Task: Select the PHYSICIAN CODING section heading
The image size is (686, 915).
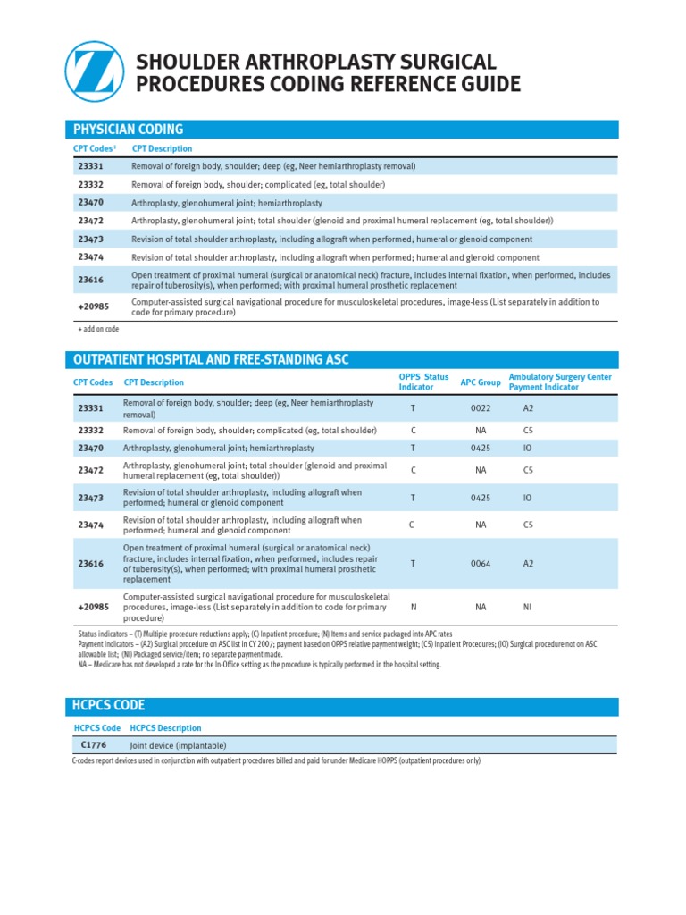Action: [x=128, y=130]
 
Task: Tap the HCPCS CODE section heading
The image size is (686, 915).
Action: [x=108, y=706]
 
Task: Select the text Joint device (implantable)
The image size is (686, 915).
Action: [x=178, y=745]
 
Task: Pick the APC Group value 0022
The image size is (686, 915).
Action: [x=481, y=409]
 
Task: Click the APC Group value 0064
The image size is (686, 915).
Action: [x=481, y=564]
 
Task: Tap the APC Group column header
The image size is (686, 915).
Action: [x=481, y=382]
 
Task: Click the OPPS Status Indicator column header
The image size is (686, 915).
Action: [x=423, y=382]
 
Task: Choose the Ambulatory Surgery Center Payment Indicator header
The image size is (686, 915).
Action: [x=560, y=382]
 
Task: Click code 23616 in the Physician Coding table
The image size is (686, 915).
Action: [x=90, y=280]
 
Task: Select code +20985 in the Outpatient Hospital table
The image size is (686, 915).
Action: [x=93, y=607]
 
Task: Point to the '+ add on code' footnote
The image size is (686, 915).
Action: [x=98, y=330]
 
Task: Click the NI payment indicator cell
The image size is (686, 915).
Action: [x=527, y=607]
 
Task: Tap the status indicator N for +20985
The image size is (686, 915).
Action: [x=413, y=607]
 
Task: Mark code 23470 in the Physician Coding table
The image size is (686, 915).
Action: [x=90, y=203]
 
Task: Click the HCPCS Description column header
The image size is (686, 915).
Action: [x=166, y=728]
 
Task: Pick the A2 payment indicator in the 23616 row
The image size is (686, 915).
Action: [x=528, y=564]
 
